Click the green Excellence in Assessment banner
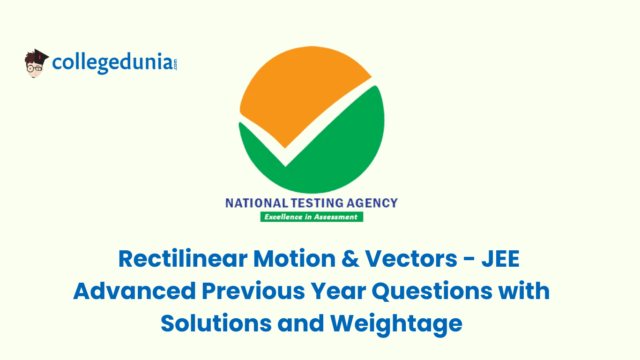click(x=312, y=217)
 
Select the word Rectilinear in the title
click(x=183, y=259)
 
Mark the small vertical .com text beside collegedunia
click(x=175, y=64)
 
